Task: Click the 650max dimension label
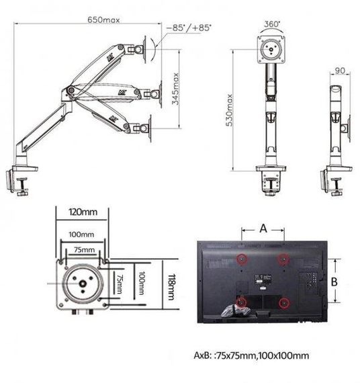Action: (x=103, y=19)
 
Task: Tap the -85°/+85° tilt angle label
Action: (x=189, y=28)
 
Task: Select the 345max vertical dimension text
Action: (x=175, y=89)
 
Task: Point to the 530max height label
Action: (x=229, y=110)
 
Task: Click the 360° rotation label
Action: (x=272, y=24)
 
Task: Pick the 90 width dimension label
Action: (x=340, y=71)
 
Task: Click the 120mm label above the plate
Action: (x=83, y=212)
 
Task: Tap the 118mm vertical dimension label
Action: (x=171, y=287)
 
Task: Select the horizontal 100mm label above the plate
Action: (x=81, y=235)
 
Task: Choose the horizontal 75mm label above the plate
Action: (x=84, y=250)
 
